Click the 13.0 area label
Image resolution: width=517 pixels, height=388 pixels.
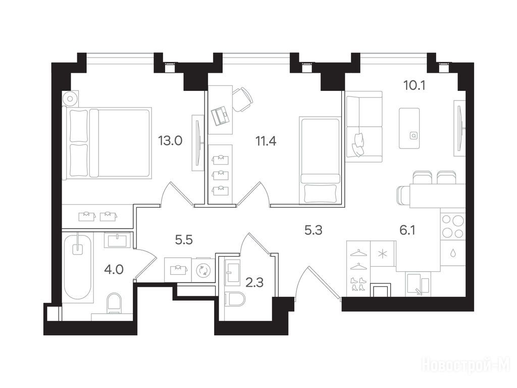[x=170, y=141]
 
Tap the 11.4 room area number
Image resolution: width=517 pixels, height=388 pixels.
[x=266, y=141]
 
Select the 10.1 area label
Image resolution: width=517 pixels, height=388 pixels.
[x=415, y=85]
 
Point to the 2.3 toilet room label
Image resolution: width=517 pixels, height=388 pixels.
[x=255, y=283]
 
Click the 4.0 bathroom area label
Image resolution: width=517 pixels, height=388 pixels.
[x=114, y=270]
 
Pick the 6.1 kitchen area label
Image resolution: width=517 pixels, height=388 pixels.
[x=407, y=230]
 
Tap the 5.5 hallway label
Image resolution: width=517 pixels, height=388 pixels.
[x=184, y=240]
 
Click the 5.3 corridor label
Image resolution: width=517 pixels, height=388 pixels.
[x=313, y=230]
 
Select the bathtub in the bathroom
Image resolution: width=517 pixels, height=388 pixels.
[x=77, y=266]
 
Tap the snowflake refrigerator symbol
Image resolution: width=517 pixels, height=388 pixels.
[x=383, y=254]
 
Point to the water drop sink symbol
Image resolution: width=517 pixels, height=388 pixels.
[x=453, y=253]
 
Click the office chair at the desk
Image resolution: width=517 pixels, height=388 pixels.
[x=243, y=99]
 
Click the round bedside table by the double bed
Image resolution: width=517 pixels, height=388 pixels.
[x=71, y=99]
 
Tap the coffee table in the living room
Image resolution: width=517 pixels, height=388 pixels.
[x=409, y=128]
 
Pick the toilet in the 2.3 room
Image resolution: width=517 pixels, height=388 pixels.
[x=234, y=301]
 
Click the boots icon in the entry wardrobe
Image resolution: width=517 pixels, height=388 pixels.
[x=358, y=284]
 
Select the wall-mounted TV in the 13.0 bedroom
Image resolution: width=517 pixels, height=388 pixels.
[x=198, y=143]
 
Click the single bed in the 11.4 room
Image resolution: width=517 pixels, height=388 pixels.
[x=320, y=160]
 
